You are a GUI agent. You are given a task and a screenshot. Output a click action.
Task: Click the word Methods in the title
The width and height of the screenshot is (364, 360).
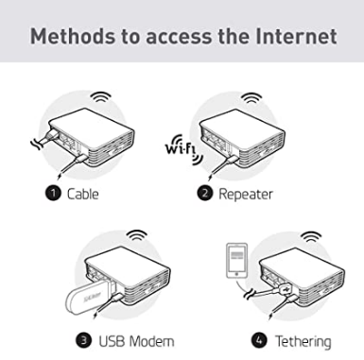(x=74, y=36)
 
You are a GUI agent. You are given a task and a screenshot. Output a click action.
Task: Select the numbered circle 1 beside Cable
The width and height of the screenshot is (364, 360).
(x=53, y=193)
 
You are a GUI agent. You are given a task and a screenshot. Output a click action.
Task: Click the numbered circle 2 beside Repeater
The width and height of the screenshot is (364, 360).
(x=205, y=193)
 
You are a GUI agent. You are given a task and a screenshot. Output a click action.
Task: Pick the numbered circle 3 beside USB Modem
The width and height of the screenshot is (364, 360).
(x=84, y=340)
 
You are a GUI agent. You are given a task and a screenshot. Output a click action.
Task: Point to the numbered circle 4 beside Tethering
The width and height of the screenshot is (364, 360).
(x=259, y=340)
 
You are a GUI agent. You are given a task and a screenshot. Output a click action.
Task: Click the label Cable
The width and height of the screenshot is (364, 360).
(x=83, y=194)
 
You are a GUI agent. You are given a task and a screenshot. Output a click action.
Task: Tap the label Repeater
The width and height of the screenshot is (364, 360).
(x=246, y=195)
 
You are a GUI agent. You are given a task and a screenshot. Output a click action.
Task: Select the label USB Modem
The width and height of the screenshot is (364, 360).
(x=136, y=341)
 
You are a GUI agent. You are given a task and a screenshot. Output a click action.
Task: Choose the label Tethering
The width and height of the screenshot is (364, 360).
(x=303, y=342)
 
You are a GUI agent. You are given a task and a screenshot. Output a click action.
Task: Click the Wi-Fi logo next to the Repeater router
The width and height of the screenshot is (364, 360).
(x=183, y=149)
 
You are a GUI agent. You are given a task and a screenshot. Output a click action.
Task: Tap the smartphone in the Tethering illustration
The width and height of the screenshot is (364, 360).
(x=236, y=261)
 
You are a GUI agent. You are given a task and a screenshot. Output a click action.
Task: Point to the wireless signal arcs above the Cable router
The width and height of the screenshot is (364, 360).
(x=101, y=96)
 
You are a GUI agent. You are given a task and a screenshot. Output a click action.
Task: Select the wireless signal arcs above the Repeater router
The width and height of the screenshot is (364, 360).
(x=251, y=98)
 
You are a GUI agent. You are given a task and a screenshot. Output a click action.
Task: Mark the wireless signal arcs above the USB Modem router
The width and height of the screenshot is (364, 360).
(x=136, y=235)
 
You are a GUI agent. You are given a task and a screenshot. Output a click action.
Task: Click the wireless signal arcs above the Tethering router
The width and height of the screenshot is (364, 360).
(x=311, y=236)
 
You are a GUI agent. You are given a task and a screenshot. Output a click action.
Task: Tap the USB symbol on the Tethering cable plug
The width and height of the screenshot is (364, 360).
(x=286, y=288)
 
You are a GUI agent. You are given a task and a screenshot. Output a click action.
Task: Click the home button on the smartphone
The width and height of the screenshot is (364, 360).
(x=236, y=274)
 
